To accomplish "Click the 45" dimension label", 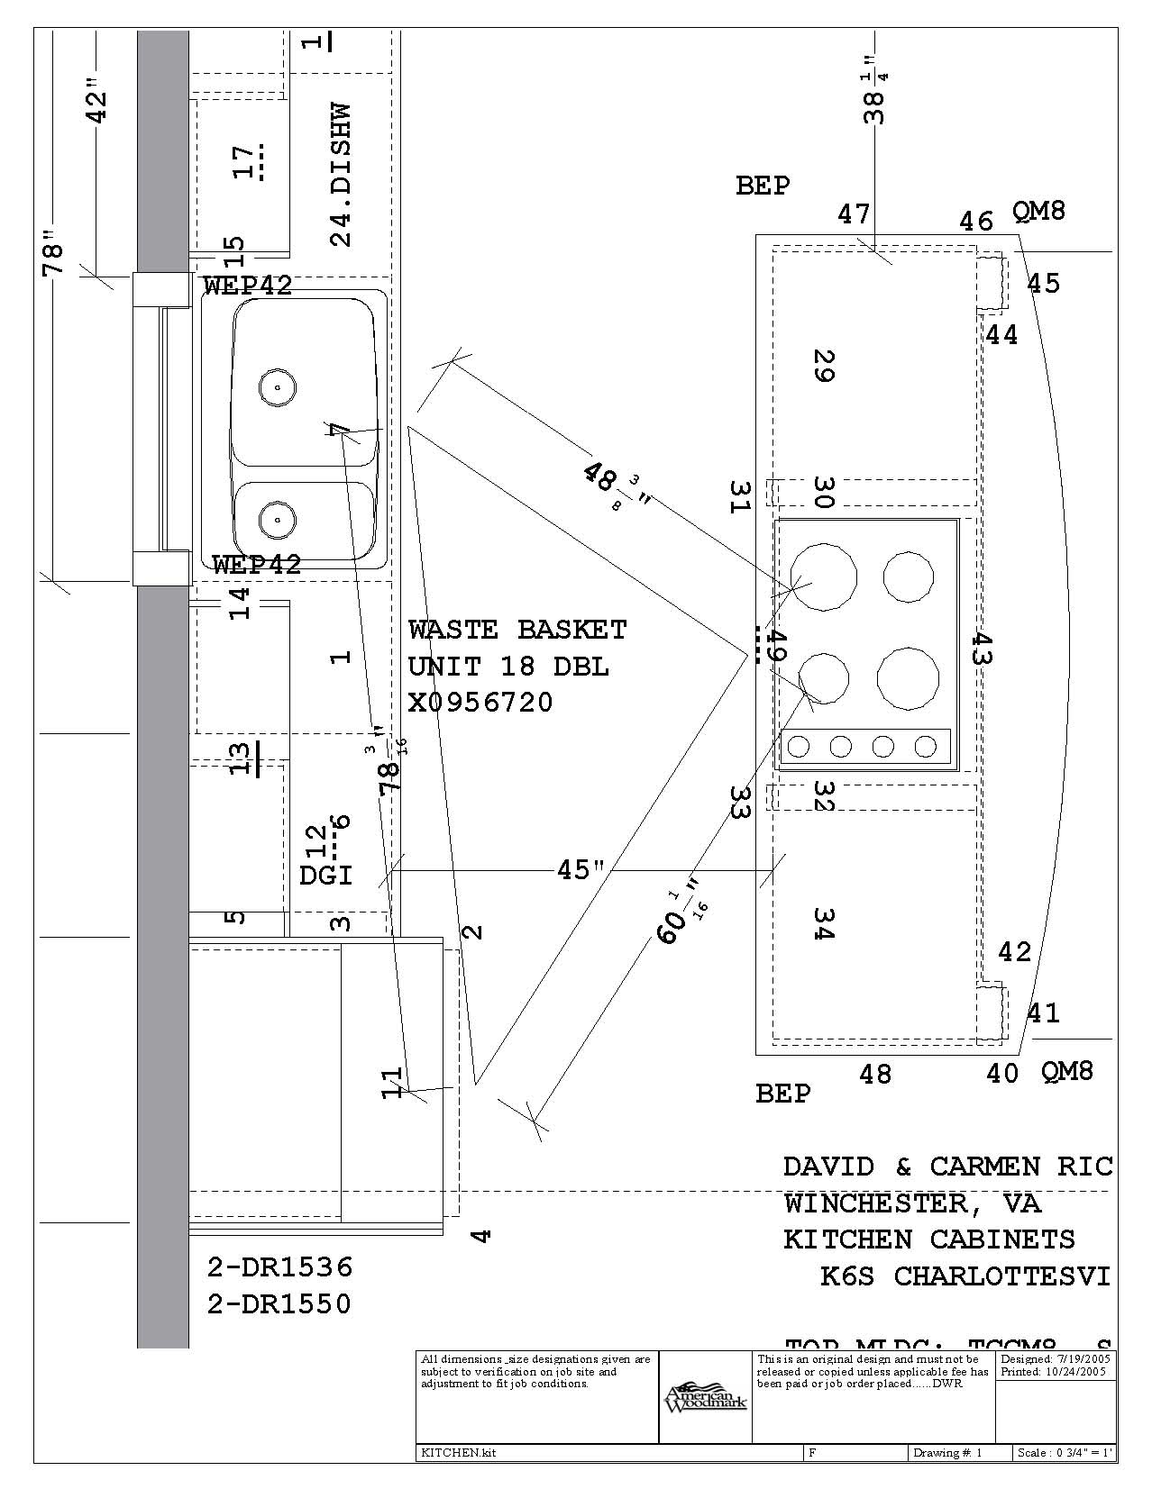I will [x=581, y=870].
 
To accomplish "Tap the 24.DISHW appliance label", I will [x=340, y=175].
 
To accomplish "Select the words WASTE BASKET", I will [x=517, y=630].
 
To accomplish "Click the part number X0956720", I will [x=480, y=703].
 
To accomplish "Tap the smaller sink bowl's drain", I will [x=277, y=519].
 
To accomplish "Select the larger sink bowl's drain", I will [x=277, y=387].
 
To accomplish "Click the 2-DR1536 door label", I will [x=279, y=1267].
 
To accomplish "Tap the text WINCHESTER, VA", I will [x=911, y=1203].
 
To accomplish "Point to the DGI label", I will [x=325, y=875].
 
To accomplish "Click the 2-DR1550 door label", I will [x=279, y=1304].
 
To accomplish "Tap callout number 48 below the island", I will [x=875, y=1074].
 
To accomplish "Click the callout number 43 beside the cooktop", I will [x=981, y=649].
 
